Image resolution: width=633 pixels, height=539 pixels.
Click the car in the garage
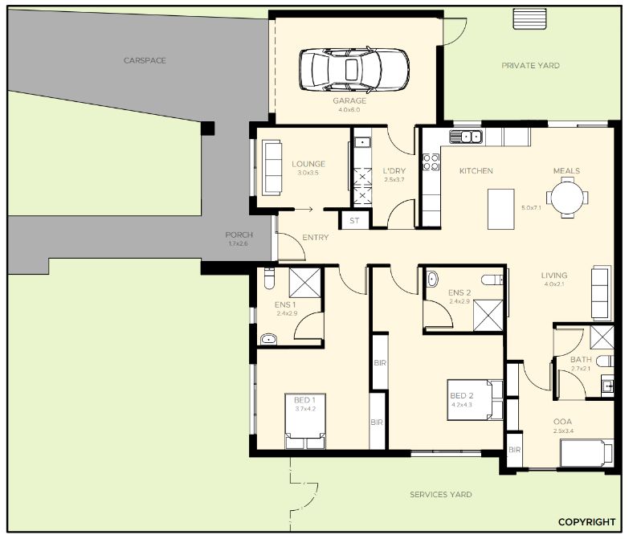[x=354, y=70]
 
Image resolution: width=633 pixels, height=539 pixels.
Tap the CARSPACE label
[x=145, y=60]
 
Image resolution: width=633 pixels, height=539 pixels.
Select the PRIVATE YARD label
[x=530, y=65]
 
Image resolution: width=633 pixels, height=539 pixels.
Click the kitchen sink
[x=465, y=137]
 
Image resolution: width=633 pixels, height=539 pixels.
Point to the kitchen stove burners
[x=431, y=162]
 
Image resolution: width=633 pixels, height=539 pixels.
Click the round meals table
[x=567, y=198]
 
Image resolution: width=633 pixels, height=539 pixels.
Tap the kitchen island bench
[x=501, y=209]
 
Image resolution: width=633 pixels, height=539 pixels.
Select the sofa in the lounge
[x=272, y=168]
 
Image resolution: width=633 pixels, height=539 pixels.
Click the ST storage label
[x=354, y=221]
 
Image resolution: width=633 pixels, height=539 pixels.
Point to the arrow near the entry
[x=304, y=209]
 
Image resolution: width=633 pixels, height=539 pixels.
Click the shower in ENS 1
[x=304, y=283]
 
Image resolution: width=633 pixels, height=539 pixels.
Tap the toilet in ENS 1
[x=269, y=278]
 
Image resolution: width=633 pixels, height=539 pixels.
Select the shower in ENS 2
[x=488, y=316]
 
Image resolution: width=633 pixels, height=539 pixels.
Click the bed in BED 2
[x=475, y=400]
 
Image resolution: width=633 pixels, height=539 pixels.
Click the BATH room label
[x=581, y=359]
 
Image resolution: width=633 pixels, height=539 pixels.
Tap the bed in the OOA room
[x=586, y=453]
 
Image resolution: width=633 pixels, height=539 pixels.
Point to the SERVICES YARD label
[x=441, y=495]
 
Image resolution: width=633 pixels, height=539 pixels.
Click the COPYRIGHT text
[x=586, y=522]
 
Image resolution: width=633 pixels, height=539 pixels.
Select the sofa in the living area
[x=601, y=293]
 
